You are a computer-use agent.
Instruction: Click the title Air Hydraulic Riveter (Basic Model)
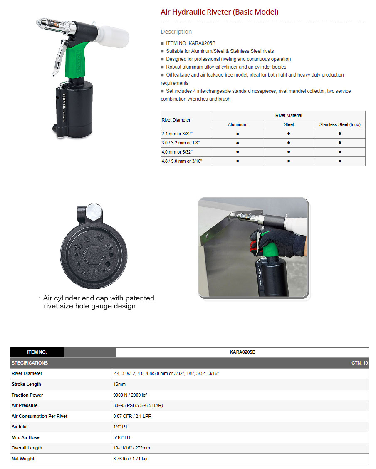coord(220,12)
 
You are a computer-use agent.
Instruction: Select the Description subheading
coord(176,32)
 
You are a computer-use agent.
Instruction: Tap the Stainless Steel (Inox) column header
coord(339,124)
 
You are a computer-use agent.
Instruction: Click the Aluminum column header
coord(237,124)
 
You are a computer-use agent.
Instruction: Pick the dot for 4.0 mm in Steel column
coord(289,152)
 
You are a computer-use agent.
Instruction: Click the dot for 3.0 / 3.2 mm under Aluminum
coord(237,143)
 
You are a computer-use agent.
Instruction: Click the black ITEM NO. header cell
coord(37,352)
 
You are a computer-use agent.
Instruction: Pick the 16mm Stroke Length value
coord(119,384)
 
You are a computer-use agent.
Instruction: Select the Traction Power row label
coord(27,395)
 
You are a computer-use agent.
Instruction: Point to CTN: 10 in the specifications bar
coord(359,363)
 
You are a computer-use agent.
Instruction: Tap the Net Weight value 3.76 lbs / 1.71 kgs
coord(131,459)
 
